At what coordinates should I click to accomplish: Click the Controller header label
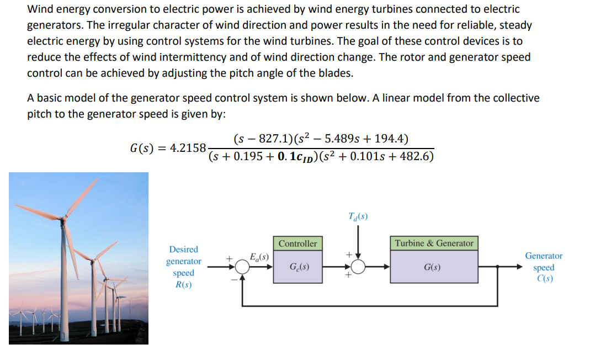(297, 243)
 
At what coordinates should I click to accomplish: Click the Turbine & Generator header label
(434, 243)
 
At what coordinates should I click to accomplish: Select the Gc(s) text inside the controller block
(299, 267)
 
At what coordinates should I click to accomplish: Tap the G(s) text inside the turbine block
(432, 267)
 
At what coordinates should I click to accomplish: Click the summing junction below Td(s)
(358, 267)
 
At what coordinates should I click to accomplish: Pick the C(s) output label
(544, 278)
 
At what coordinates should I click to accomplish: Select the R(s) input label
(183, 285)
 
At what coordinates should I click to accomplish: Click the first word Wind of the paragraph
(40, 9)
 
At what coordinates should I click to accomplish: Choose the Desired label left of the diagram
(183, 250)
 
